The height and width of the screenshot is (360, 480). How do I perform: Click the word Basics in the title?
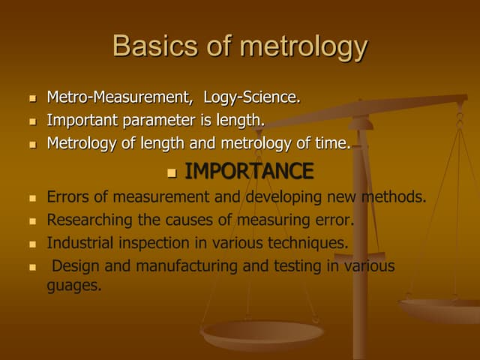(x=152, y=46)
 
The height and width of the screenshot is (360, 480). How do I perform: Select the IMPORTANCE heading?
(x=249, y=172)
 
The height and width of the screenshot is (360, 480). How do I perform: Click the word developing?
(x=284, y=198)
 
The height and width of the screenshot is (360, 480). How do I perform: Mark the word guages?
(x=73, y=286)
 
